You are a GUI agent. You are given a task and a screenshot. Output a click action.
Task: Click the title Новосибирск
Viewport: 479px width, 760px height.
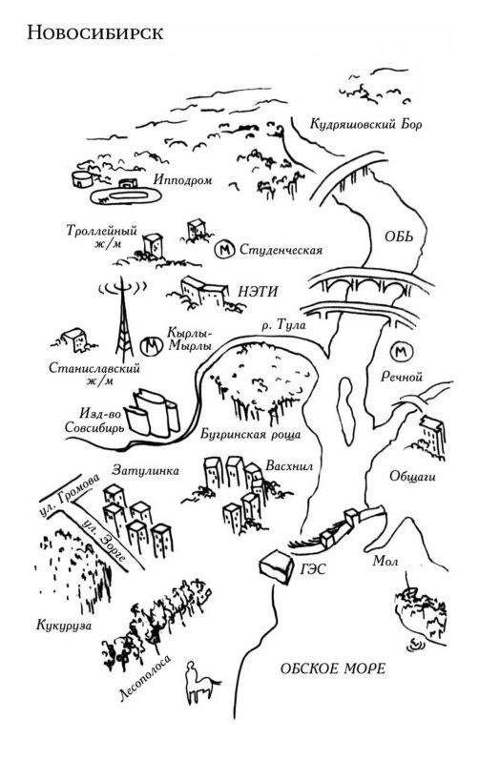(95, 33)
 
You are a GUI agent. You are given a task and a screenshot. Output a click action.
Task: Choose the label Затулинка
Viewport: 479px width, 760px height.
(145, 467)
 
